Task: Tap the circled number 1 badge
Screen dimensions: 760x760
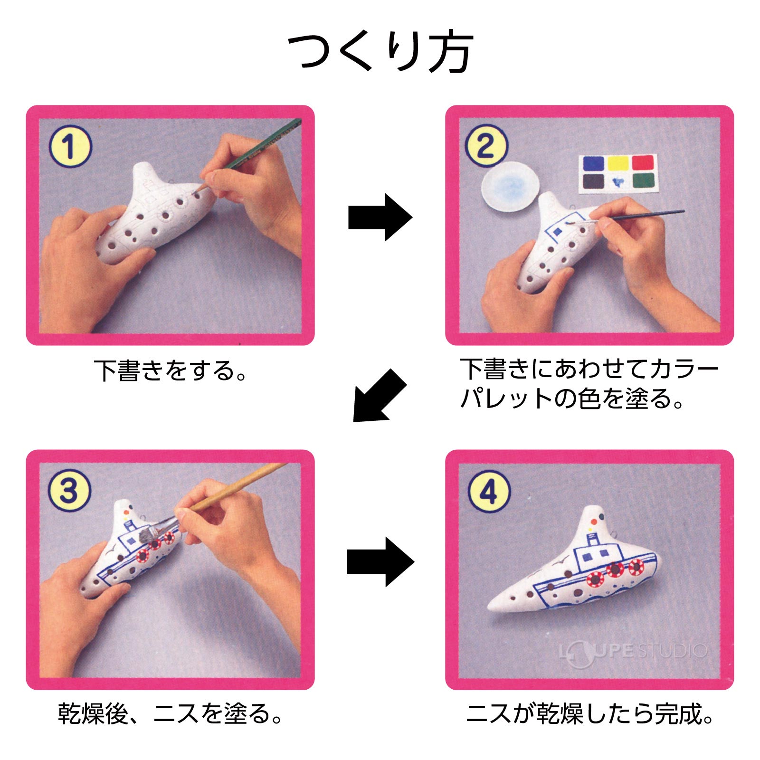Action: tap(69, 146)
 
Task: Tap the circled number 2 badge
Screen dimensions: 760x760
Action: tap(485, 146)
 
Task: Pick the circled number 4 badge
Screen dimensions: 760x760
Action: tap(489, 491)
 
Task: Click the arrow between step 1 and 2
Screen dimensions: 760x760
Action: tap(380, 218)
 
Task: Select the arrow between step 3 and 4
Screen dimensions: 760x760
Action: tap(380, 562)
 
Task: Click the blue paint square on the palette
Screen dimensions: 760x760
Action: tap(593, 164)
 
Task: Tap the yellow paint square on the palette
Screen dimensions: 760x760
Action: tap(618, 164)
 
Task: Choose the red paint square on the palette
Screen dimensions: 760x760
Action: tap(643, 163)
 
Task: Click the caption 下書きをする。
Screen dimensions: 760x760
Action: tap(171, 371)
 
